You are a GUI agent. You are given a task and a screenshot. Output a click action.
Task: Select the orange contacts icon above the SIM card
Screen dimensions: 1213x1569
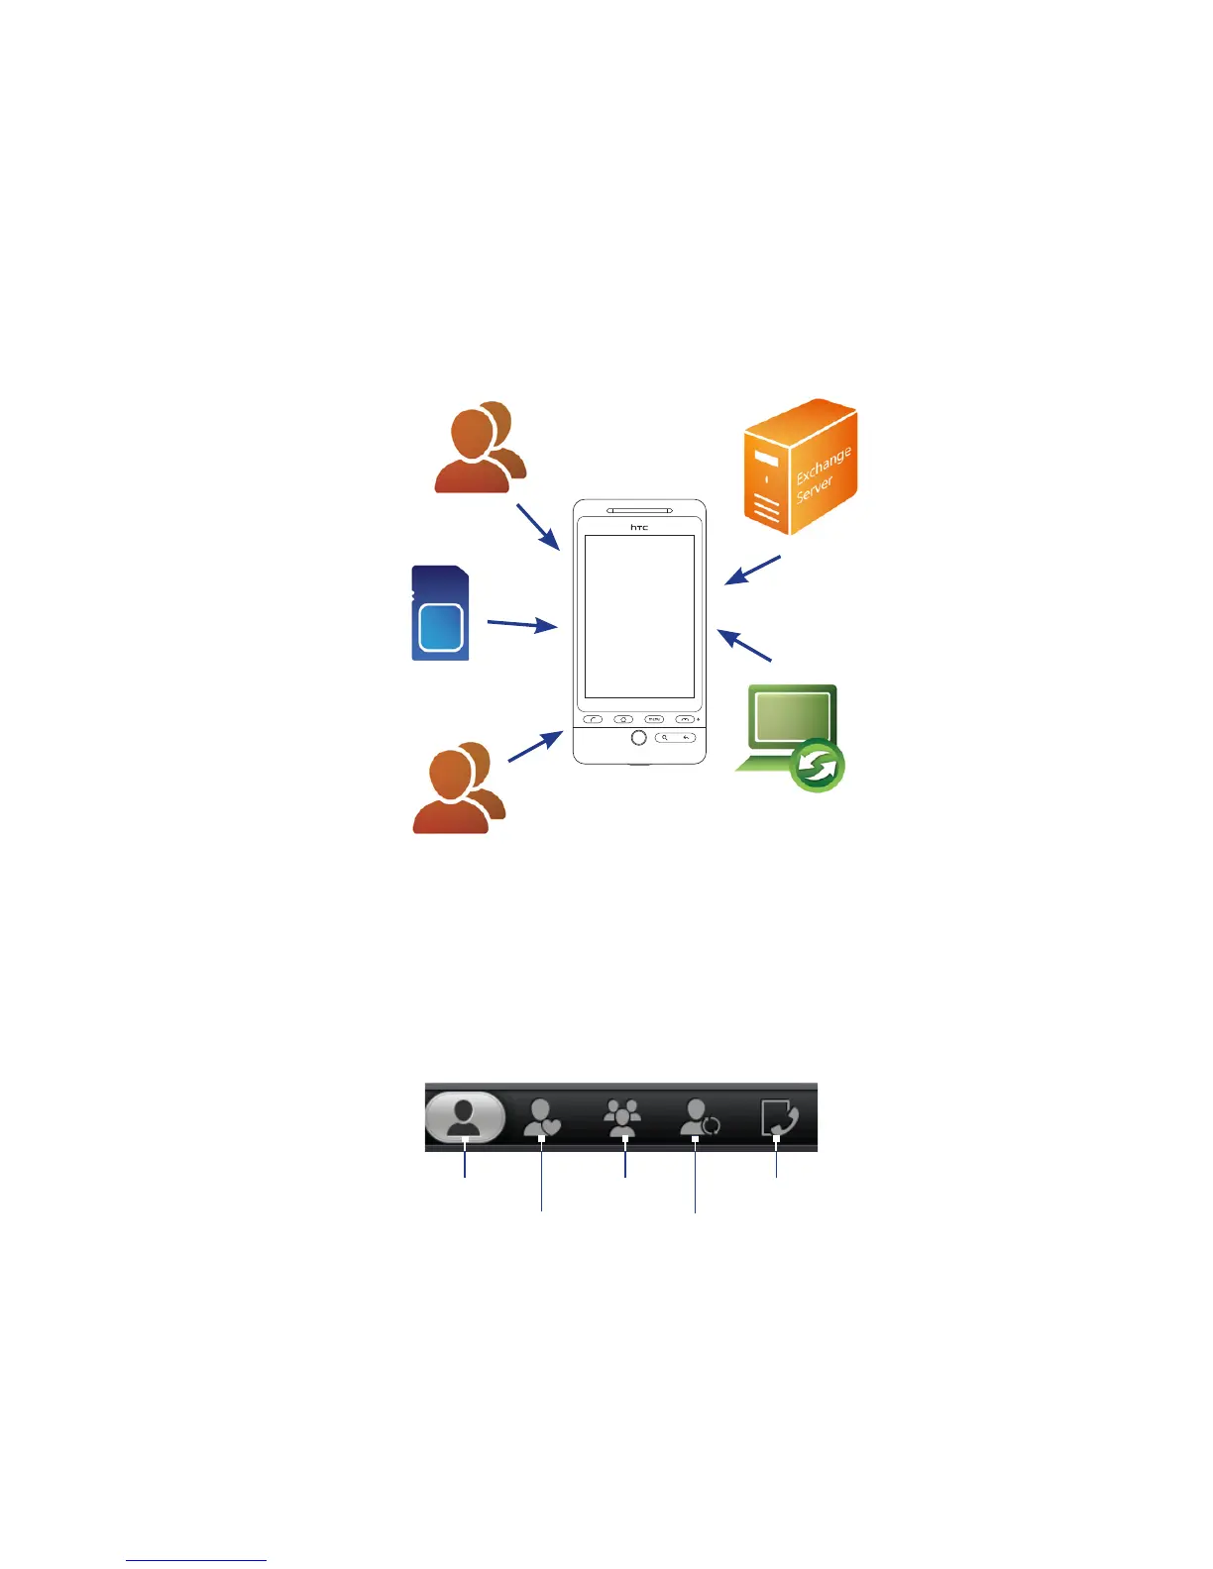pyautogui.click(x=481, y=448)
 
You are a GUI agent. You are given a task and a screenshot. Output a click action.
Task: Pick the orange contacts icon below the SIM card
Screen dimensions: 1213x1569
pyautogui.click(x=459, y=788)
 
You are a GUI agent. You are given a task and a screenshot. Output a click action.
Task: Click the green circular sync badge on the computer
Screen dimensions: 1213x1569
pyautogui.click(x=818, y=766)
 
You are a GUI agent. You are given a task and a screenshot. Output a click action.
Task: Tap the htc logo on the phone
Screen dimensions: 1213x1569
pyautogui.click(x=639, y=527)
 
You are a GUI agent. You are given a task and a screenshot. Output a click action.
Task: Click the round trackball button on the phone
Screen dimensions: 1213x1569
pyautogui.click(x=639, y=738)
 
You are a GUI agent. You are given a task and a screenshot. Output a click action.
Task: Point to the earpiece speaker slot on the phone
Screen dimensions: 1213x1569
pyautogui.click(x=639, y=511)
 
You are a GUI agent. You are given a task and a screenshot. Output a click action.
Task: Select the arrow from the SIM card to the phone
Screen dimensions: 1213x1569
pyautogui.click(x=521, y=624)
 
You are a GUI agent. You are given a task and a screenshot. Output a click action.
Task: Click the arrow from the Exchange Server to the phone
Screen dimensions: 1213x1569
pyautogui.click(x=753, y=571)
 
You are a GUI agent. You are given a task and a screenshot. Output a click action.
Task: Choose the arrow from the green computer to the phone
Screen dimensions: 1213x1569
pyautogui.click(x=744, y=646)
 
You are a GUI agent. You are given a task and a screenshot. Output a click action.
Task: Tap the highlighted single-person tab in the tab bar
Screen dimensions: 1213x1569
pyautogui.click(x=465, y=1118)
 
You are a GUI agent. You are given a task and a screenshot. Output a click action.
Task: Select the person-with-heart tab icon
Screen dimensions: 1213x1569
pyautogui.click(x=542, y=1119)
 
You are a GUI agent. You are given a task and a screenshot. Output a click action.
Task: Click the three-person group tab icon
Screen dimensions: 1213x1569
pyautogui.click(x=623, y=1119)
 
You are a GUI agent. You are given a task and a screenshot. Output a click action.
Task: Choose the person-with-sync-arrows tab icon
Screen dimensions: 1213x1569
pyautogui.click(x=700, y=1119)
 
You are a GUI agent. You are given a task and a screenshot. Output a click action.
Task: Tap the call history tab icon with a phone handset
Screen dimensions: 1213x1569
pyautogui.click(x=778, y=1119)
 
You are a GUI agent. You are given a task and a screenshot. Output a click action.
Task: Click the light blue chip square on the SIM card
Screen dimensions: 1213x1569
pyautogui.click(x=442, y=626)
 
